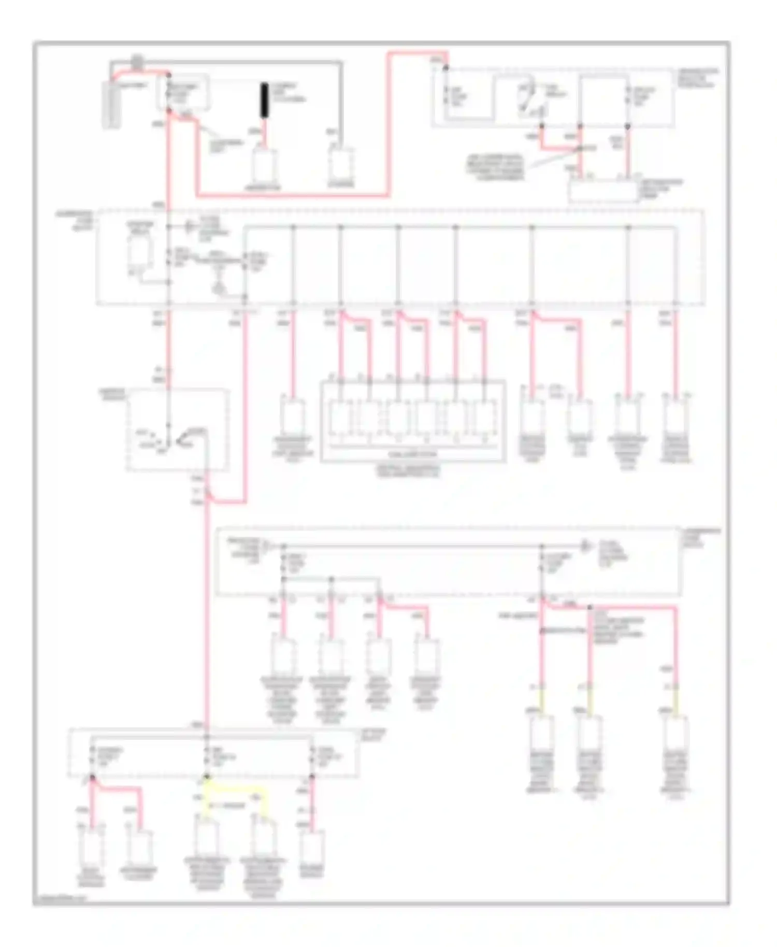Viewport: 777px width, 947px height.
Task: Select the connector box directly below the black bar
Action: [265, 166]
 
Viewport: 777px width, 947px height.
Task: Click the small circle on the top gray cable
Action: [136, 61]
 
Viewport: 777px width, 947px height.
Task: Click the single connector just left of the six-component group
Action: [293, 417]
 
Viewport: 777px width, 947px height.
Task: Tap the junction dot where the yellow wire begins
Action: [207, 777]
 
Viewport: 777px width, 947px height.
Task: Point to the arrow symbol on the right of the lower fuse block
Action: [585, 546]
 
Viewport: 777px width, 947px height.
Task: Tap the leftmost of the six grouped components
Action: [340, 417]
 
